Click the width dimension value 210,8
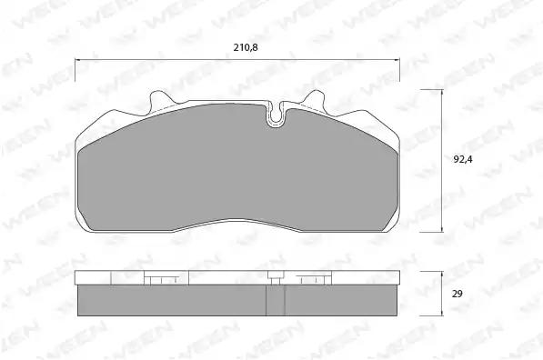point(246,47)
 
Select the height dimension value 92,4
point(463,159)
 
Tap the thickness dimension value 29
point(458,294)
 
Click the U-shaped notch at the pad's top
point(276,115)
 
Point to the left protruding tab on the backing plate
point(160,99)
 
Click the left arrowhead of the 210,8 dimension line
point(77,59)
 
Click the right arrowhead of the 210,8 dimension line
point(397,59)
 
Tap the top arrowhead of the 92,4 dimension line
point(442,92)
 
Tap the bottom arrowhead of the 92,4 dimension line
point(442,229)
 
